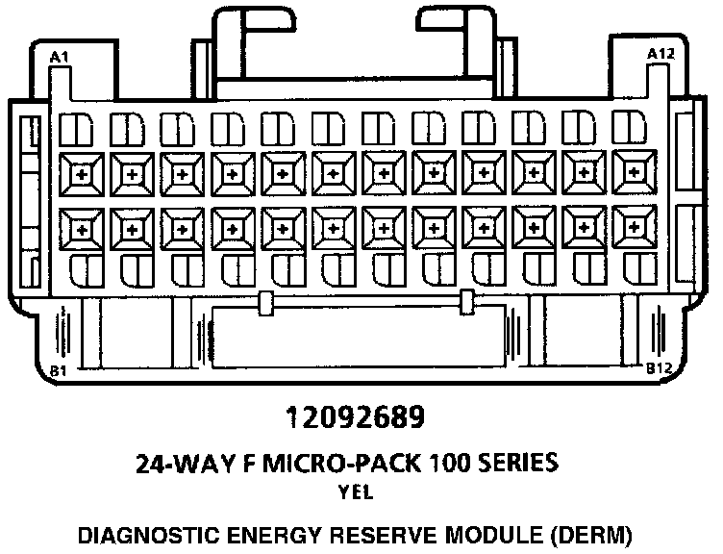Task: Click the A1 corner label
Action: coord(60,58)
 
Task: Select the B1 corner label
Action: coord(59,369)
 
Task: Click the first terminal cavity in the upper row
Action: coord(80,174)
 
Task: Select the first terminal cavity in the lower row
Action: coord(80,230)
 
